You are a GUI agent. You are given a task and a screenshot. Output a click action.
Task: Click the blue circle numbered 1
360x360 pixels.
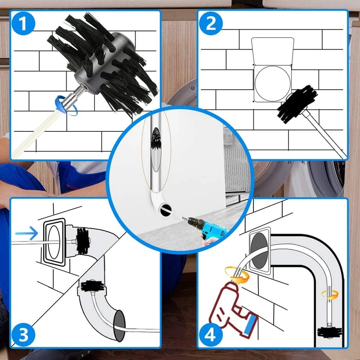[x=23, y=23]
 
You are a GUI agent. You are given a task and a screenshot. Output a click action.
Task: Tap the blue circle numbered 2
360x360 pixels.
[x=211, y=23]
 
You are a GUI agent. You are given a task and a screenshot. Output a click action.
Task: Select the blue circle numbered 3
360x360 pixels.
[x=23, y=334]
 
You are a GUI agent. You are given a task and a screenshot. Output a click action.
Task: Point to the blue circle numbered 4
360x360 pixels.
[x=211, y=334]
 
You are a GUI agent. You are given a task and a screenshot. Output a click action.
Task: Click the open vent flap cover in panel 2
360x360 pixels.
[x=273, y=51]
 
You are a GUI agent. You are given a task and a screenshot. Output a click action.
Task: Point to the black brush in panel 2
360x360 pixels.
[x=297, y=104]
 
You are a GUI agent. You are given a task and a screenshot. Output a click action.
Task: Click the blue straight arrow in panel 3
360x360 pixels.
[x=27, y=233]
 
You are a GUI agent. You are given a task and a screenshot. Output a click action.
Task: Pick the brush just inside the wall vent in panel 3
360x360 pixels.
[x=83, y=241]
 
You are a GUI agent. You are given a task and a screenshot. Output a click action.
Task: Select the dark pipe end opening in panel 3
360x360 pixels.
[x=120, y=326]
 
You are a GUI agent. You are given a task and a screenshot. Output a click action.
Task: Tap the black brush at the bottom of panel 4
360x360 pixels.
[x=329, y=332]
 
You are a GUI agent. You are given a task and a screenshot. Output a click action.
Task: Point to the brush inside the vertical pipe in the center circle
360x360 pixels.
[x=156, y=139]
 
